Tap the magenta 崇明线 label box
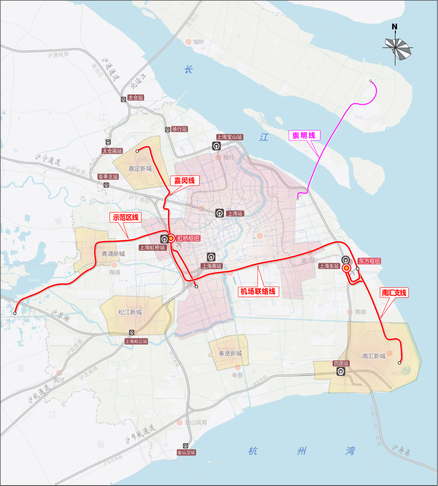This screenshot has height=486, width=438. point(304,136)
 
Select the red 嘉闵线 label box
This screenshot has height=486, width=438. point(184,181)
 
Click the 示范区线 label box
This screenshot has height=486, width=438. point(125,218)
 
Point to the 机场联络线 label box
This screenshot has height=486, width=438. point(258,292)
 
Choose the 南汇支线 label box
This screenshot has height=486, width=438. point(394,293)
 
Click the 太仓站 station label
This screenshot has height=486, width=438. point(135,98)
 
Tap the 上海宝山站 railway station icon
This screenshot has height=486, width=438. point(216,146)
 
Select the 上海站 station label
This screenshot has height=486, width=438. point(235,213)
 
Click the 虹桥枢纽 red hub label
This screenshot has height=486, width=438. point(188,238)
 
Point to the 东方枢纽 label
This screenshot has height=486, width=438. point(369,261)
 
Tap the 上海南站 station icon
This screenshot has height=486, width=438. point(211,257)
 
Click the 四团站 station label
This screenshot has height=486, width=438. point(341,363)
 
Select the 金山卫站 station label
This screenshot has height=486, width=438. point(186,452)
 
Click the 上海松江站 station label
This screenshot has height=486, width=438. point(136,341)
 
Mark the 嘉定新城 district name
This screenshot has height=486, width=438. point(140,169)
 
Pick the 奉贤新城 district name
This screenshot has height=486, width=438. point(230,353)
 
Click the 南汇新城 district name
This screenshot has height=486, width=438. point(374,356)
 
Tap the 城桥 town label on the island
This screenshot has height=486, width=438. point(199,42)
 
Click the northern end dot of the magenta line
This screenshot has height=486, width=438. point(370,81)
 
